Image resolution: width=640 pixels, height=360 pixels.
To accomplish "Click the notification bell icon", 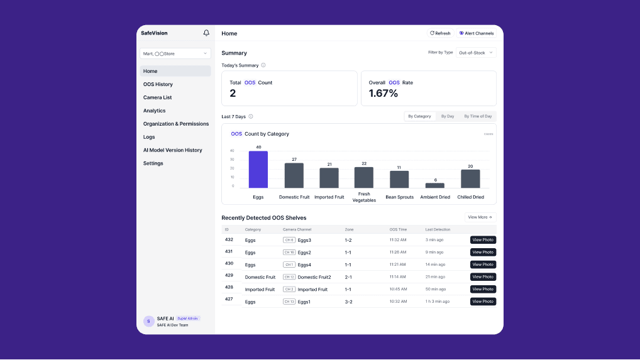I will click(x=206, y=33).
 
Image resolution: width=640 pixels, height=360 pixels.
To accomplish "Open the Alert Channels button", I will click(x=476, y=33).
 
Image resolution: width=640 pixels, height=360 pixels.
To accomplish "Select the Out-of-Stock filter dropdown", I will click(x=475, y=53).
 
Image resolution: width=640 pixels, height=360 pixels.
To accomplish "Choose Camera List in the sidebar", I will click(x=157, y=97).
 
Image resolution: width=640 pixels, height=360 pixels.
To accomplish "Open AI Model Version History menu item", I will click(x=172, y=150).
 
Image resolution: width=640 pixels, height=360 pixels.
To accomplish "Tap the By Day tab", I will click(x=448, y=116).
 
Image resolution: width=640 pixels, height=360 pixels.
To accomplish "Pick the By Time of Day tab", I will click(x=478, y=116).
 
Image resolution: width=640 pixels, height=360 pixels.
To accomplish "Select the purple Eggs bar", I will click(x=258, y=169).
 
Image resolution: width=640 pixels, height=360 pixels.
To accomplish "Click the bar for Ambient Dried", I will click(x=434, y=185).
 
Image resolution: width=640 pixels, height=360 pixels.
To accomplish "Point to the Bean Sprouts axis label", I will click(x=399, y=197).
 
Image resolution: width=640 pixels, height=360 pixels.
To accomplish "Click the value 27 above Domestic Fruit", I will click(x=294, y=160).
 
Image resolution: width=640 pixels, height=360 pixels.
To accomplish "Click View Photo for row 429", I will click(x=483, y=277).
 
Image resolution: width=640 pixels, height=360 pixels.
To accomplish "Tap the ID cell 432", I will click(x=229, y=239).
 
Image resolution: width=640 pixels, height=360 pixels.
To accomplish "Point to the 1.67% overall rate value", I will click(x=383, y=94).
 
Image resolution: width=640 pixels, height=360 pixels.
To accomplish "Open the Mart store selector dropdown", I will click(x=175, y=53).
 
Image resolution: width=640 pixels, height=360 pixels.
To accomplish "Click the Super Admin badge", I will click(x=187, y=319).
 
